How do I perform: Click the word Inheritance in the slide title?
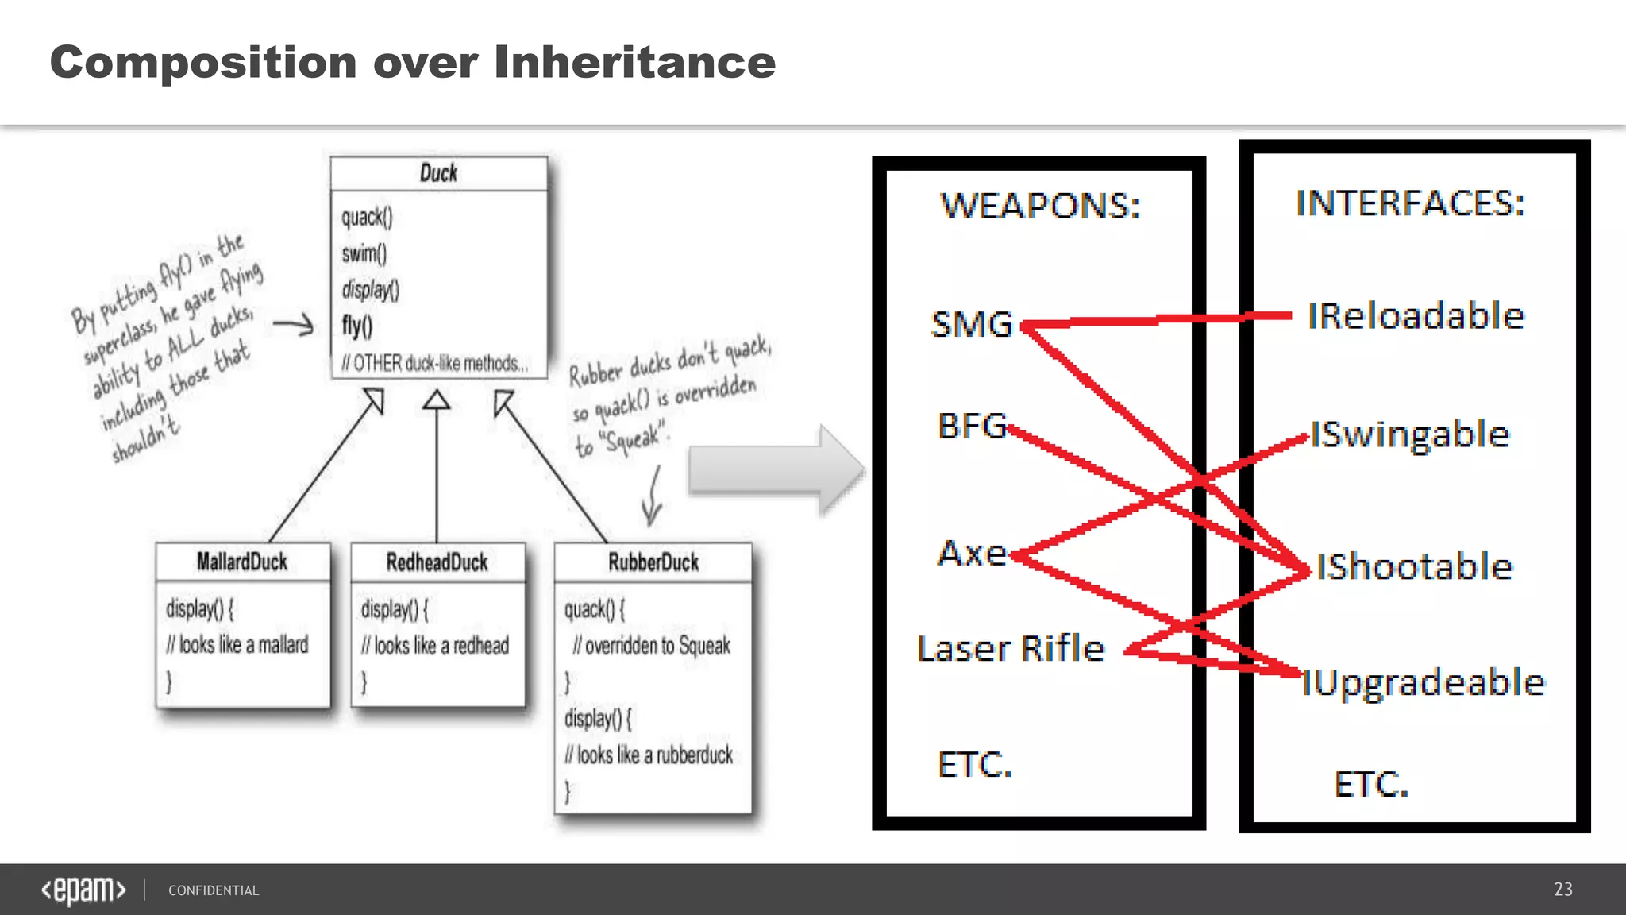coord(634,63)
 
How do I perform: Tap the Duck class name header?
coord(438,173)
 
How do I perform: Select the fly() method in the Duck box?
coord(357,326)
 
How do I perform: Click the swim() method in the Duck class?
coord(364,253)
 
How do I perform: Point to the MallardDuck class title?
coord(242,562)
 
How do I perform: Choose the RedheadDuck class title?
coord(437,562)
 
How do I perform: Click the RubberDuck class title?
coord(653,562)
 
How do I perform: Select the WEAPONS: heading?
coord(1040,206)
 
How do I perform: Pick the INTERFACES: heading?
coord(1410,203)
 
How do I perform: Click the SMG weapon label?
coord(972,324)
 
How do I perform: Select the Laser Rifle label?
coord(1011,649)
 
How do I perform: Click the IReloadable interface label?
coord(1416,316)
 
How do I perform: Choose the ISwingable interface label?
coord(1409,434)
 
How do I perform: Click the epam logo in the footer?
coord(83,890)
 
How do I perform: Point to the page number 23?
coord(1562,890)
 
